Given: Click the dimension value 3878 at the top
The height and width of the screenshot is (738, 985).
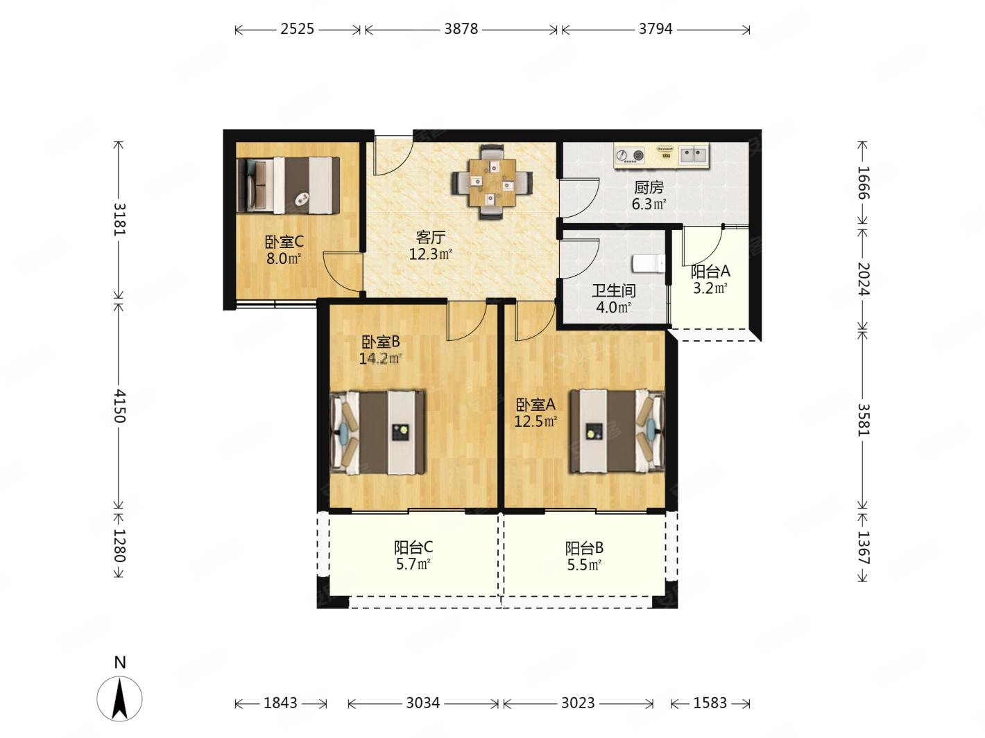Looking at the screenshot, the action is point(461,29).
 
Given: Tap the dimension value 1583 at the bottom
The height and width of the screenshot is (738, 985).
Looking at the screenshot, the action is point(710,703).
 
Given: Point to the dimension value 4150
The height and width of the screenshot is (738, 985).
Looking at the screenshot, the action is point(119,406).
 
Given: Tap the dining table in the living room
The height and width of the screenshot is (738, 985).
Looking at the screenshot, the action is point(492,182).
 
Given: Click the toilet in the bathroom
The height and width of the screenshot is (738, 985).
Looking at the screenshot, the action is point(649,263).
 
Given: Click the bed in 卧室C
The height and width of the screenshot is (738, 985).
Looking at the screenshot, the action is point(288,184).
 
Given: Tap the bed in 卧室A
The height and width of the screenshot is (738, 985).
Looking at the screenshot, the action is point(617,432).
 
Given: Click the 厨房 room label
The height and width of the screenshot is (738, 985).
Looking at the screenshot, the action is point(649,187).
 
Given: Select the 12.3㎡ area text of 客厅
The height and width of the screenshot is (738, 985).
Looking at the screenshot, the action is point(430,254).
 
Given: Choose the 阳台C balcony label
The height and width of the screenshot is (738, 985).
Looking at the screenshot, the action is point(413,547).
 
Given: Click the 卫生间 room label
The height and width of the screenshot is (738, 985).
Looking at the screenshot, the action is point(613,291).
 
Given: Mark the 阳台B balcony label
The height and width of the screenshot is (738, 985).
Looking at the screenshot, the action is point(584,548).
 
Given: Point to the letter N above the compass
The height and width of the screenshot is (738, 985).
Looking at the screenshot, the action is point(120,662).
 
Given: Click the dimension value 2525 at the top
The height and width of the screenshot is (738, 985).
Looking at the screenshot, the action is point(297,29).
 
